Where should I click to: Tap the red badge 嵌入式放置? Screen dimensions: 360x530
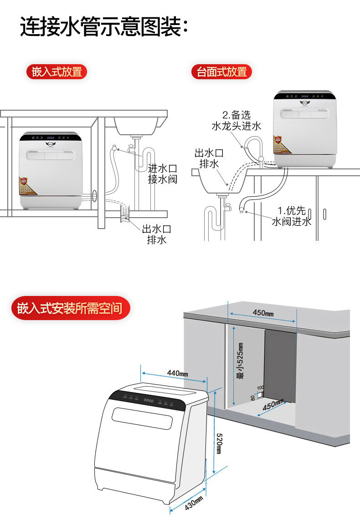(57, 72)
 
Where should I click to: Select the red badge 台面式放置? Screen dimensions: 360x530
(221, 72)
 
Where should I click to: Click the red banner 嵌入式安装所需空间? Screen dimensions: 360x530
(70, 308)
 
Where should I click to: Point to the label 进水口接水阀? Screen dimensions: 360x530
(162, 174)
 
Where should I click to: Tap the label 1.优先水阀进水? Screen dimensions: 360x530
(292, 216)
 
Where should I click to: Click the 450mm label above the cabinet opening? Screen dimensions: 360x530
(263, 313)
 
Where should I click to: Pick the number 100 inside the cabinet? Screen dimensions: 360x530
(260, 387)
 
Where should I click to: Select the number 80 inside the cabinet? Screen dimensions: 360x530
(253, 397)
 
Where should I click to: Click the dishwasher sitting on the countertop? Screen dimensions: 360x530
(305, 130)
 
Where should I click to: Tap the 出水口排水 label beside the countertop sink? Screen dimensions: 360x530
(209, 158)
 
